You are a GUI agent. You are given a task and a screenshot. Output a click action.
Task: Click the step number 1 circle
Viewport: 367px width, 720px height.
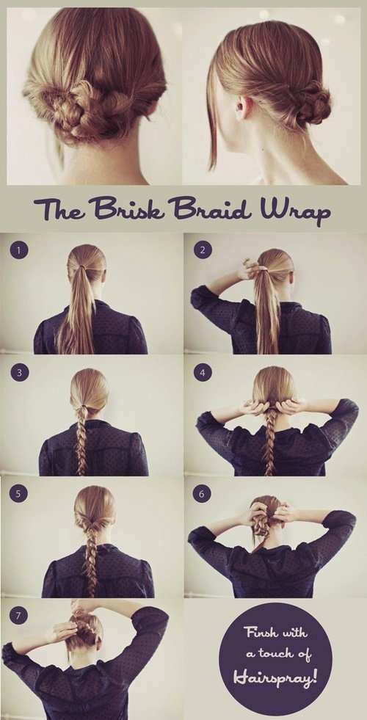click(x=19, y=250)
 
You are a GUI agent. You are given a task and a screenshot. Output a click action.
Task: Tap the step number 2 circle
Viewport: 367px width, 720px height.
click(x=202, y=250)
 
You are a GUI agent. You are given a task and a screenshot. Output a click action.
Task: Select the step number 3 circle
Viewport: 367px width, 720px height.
click(x=19, y=372)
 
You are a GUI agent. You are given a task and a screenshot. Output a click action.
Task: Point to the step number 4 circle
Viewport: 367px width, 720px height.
click(x=202, y=372)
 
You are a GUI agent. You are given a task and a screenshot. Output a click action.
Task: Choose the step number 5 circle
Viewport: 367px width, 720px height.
click(x=19, y=495)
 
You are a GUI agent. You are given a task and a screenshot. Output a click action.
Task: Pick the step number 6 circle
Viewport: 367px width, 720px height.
click(x=202, y=495)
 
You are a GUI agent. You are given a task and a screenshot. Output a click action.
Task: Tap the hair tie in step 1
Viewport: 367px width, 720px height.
click(x=83, y=266)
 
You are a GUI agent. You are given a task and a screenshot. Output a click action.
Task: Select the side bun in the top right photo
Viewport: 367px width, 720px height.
click(x=313, y=101)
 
